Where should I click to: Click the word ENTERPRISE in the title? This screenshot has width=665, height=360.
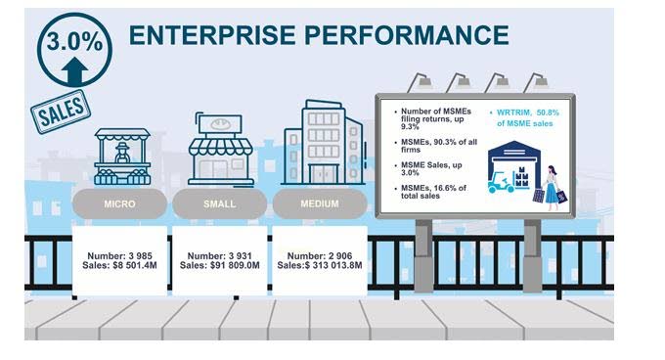212,35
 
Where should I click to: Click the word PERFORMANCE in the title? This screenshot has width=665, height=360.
407,35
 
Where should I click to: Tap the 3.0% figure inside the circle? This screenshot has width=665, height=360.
74,41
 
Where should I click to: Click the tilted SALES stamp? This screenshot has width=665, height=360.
61,112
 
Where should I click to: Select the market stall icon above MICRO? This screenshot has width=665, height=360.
122,157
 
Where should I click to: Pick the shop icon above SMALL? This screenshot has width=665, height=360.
221,150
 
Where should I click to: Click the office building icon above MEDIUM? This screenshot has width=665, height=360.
323,143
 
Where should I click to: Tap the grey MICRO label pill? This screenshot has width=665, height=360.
119,203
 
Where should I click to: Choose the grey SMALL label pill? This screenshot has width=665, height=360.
220,203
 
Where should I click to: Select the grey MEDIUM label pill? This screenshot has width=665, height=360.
320,203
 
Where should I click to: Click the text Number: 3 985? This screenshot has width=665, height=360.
119,256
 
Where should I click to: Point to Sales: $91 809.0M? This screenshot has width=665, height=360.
220,265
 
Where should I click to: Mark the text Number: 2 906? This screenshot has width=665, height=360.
320,256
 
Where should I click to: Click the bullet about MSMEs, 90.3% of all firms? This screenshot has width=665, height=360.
436,146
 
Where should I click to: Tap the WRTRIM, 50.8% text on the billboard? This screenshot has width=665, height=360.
524,117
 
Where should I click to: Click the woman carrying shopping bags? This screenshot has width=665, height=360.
553,188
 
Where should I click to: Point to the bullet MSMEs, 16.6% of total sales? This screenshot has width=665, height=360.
431,192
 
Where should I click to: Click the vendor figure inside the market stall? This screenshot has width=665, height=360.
122,153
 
